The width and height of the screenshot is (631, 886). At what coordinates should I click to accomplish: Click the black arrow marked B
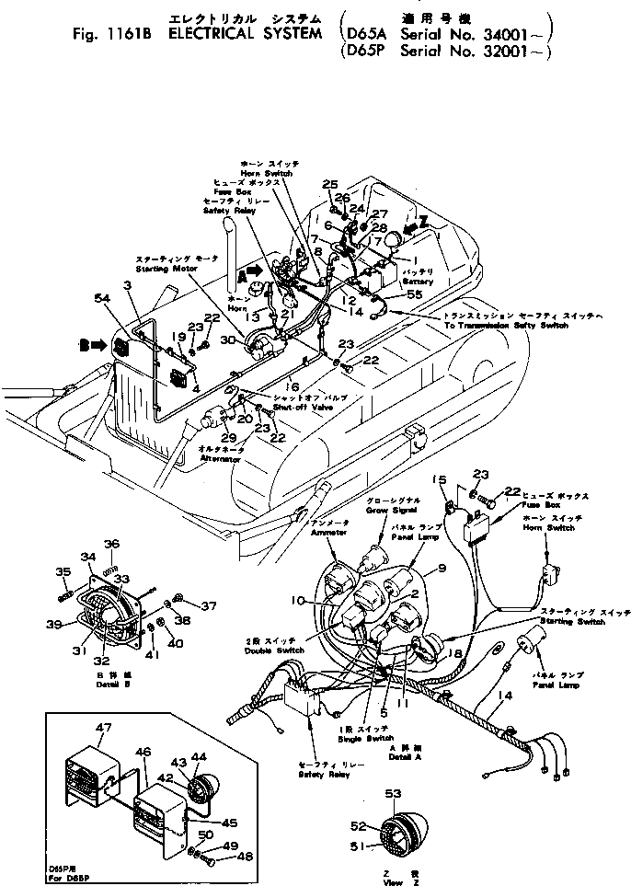pos(89,346)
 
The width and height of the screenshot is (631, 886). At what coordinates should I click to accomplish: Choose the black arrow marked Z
pos(415,222)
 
